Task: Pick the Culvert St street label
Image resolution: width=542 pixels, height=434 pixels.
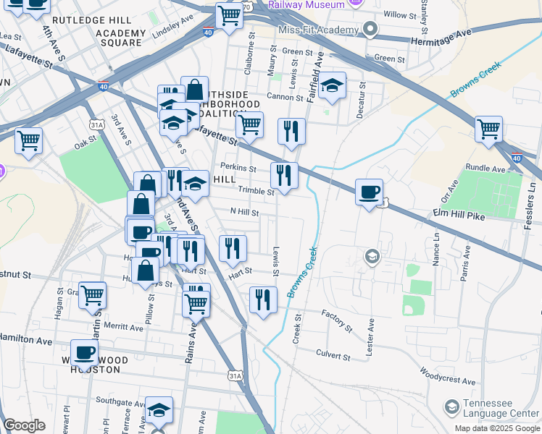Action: click(333, 355)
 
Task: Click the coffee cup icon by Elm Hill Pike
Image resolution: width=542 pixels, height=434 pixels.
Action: click(370, 192)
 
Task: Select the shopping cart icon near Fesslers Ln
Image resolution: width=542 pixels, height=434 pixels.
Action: click(489, 130)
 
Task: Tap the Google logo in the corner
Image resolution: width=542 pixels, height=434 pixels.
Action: click(24, 425)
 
